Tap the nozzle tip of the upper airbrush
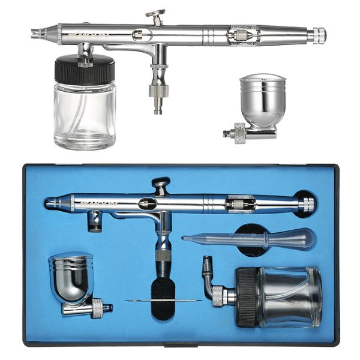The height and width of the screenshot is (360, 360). (35, 33)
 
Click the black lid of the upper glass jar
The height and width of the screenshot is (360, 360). (84, 68)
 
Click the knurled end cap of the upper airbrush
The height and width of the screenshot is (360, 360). (317, 35)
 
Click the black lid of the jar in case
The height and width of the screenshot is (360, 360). (247, 298)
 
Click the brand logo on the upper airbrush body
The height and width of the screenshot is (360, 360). (94, 35)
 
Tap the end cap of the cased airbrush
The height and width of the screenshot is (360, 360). (307, 205)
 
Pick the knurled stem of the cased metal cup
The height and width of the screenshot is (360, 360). (96, 308)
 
